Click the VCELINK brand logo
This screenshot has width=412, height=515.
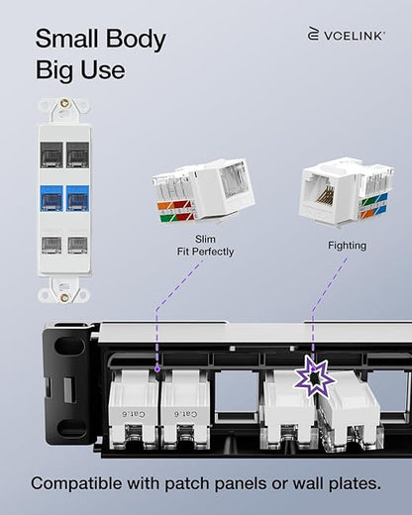pos(346,34)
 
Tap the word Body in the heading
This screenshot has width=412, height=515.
pos(136,40)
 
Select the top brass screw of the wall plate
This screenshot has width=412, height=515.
pos(64,104)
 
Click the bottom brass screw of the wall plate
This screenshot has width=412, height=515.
pos(64,298)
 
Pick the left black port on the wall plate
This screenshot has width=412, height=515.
pos(51,154)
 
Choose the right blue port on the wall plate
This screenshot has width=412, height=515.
pos(77,198)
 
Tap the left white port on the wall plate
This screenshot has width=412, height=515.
pos(51,245)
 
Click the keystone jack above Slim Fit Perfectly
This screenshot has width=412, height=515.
pos(203,191)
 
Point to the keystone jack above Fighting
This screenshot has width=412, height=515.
pos(347,191)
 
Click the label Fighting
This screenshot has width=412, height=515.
pos(347,246)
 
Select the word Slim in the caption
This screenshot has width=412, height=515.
pos(205,239)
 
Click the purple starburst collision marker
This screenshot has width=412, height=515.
pos(315,376)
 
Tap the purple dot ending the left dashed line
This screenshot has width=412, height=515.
pos(157,369)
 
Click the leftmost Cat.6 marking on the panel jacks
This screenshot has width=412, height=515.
pos(134,414)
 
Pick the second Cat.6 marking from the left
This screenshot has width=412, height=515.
pos(186,414)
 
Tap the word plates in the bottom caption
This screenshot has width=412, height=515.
pos(355,484)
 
